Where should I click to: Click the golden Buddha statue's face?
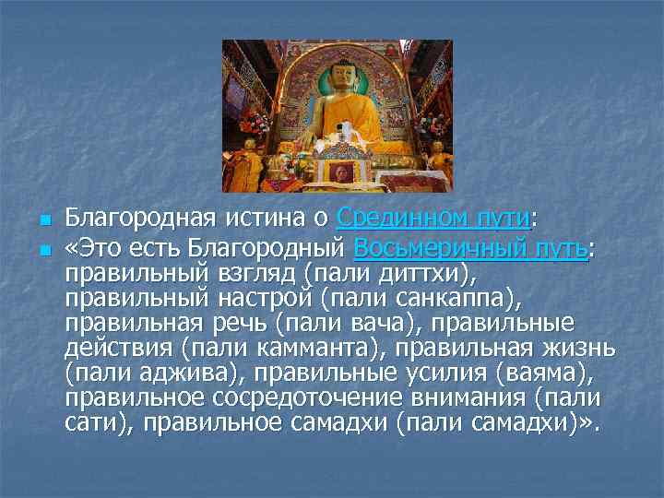pos(339,78)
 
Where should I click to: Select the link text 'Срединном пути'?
pos(434,219)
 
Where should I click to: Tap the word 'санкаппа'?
pos(442,299)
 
